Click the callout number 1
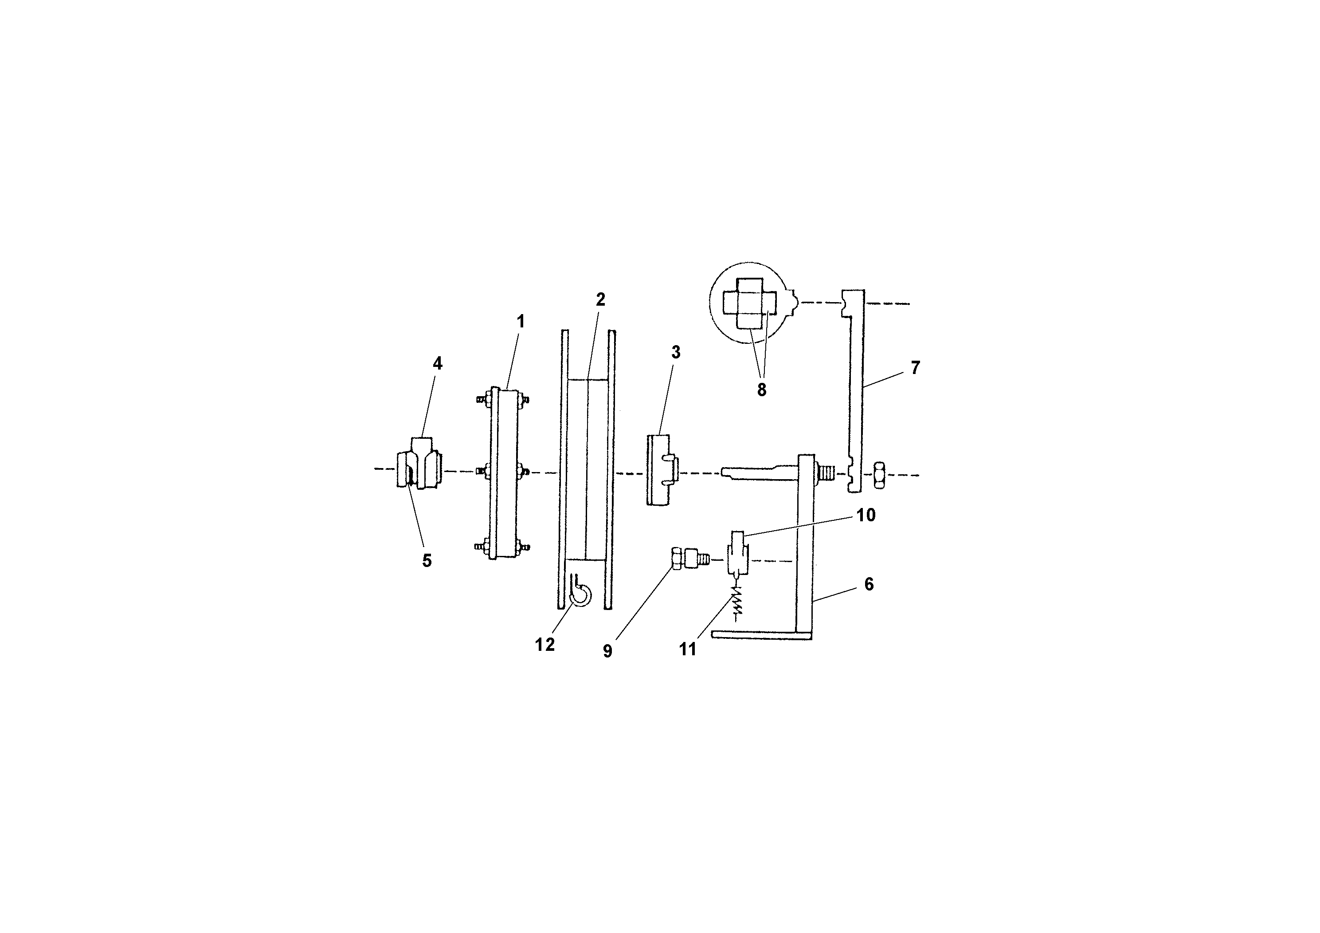[521, 322]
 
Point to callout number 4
[438, 363]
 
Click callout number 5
[427, 560]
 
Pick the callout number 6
[869, 584]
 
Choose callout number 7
[915, 367]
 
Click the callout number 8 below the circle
[761, 390]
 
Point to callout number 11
[688, 649]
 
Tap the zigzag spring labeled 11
[736, 602]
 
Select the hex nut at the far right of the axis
[879, 475]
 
